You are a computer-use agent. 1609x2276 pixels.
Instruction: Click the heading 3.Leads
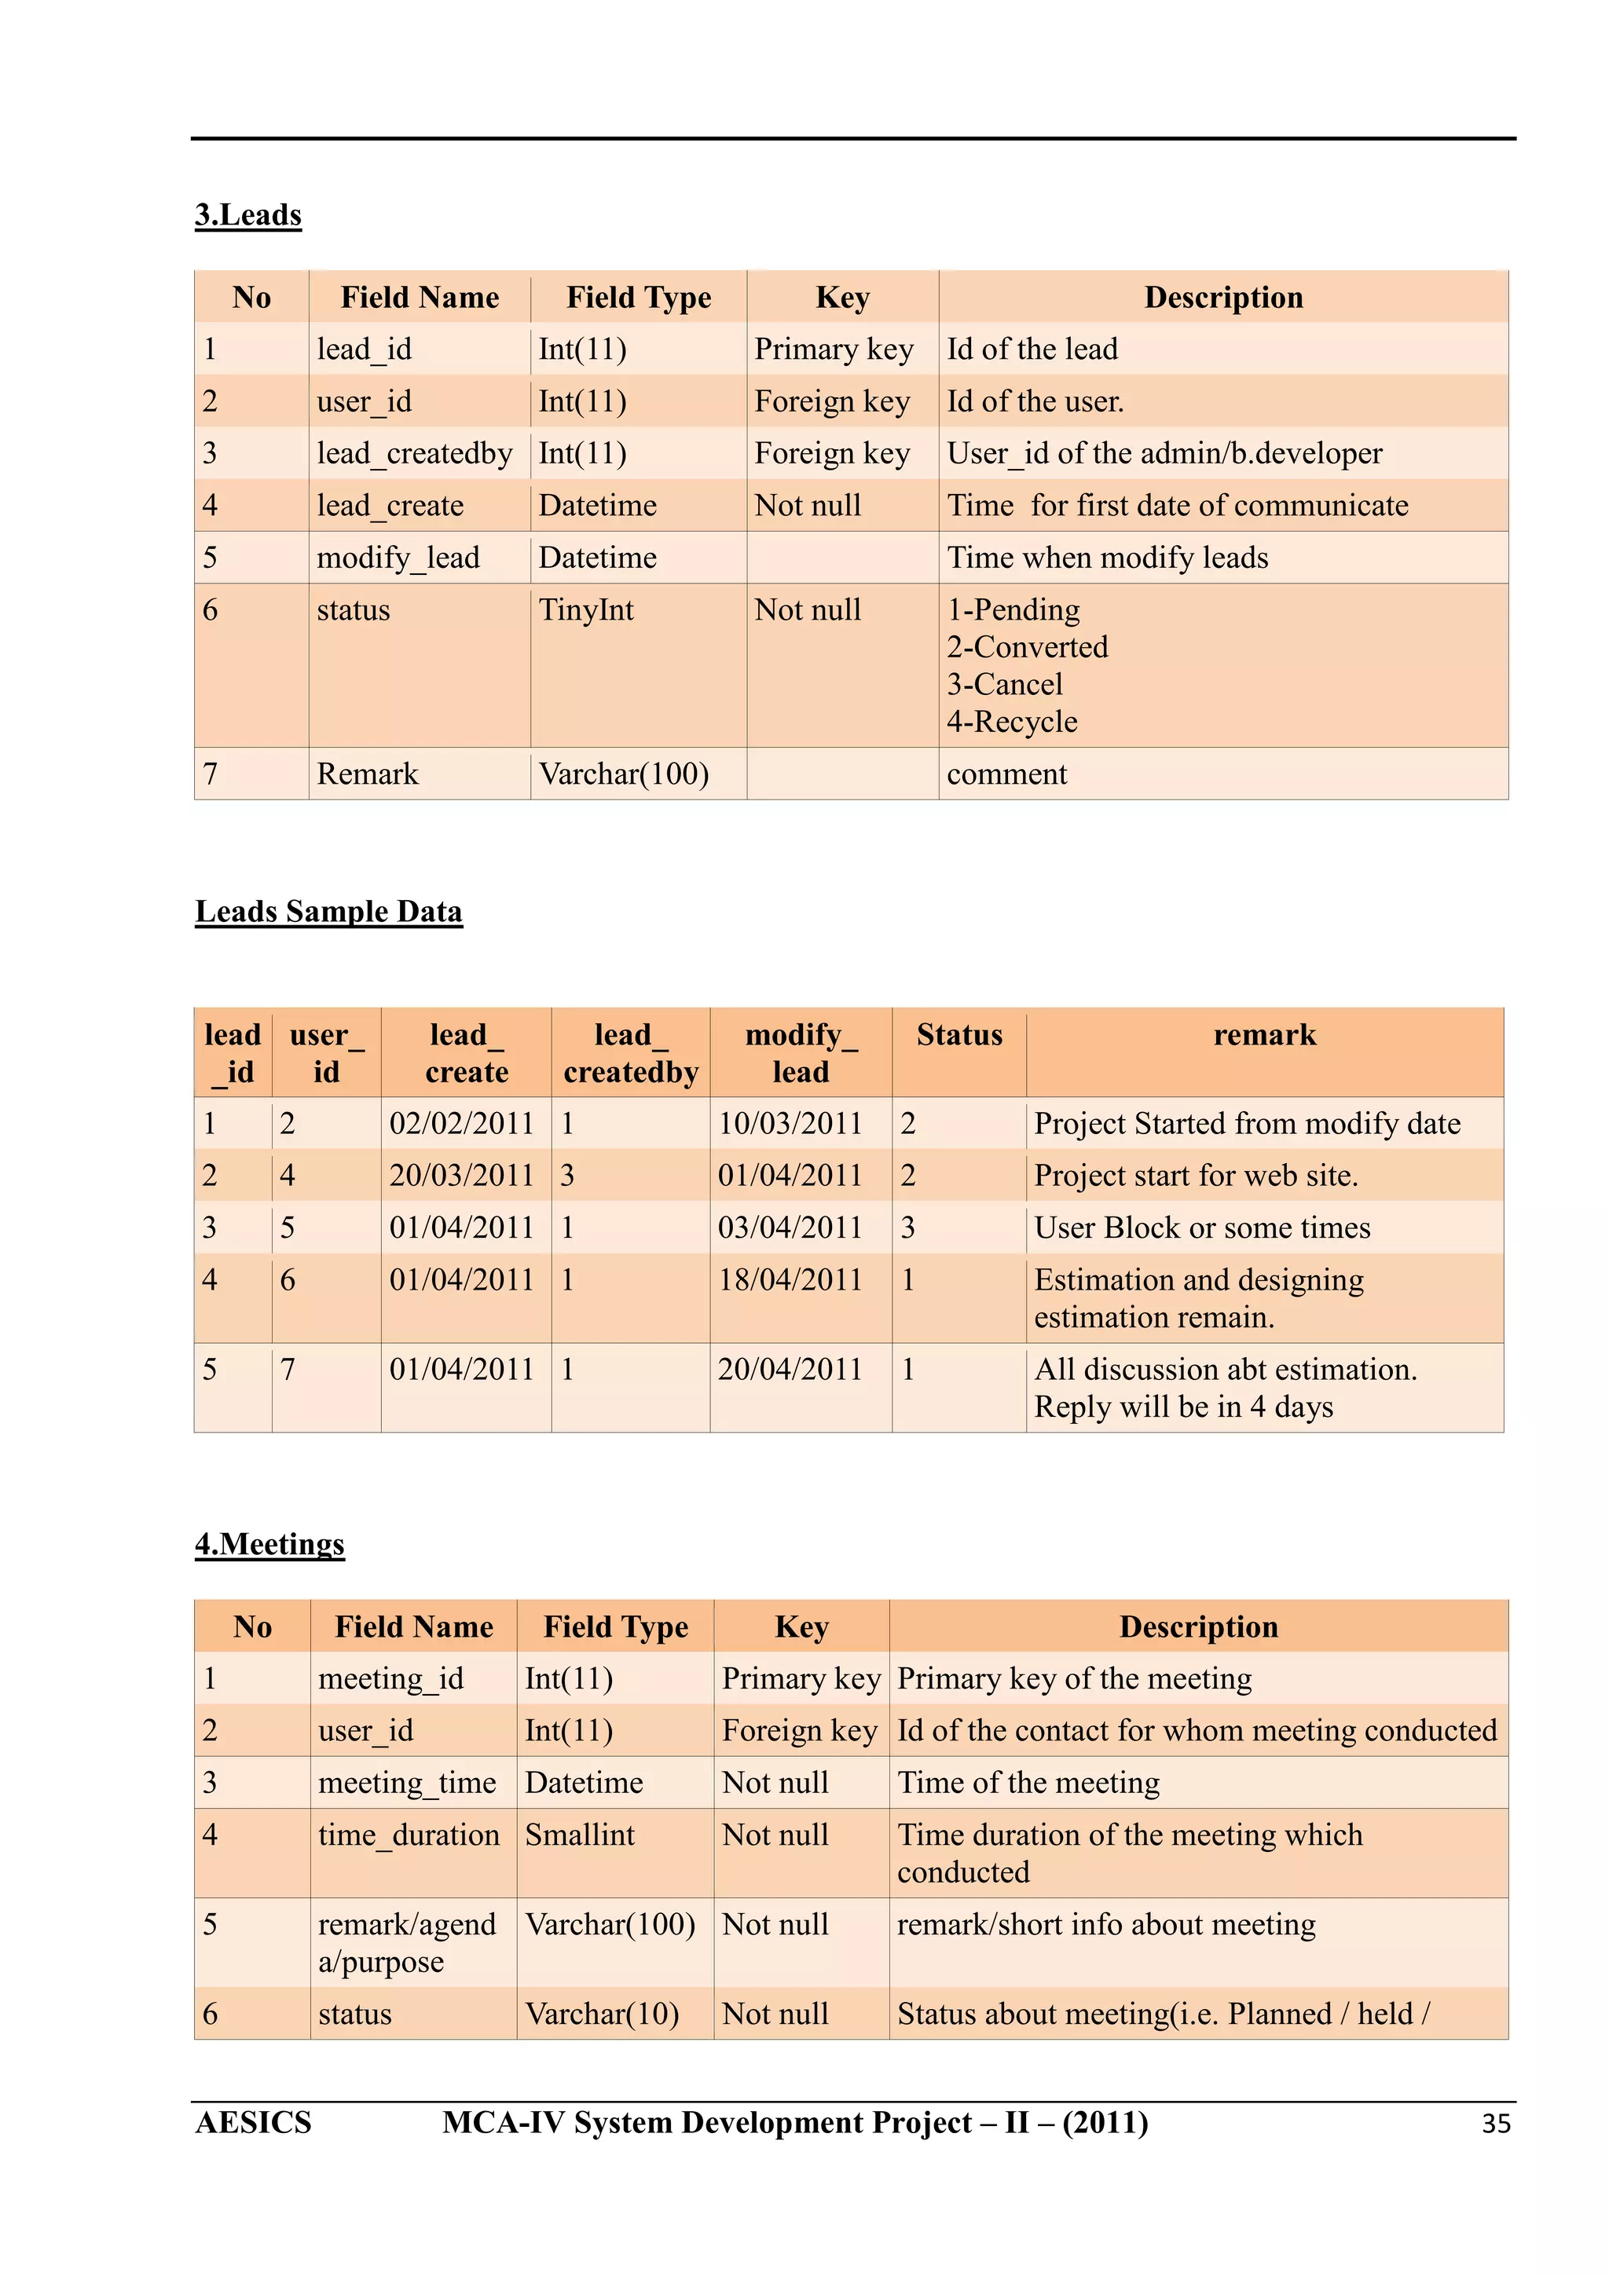point(247,215)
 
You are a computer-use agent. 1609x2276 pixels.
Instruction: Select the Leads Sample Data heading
point(328,911)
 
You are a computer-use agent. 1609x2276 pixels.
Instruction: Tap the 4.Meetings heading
point(269,1543)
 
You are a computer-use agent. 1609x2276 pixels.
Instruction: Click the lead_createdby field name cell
point(414,453)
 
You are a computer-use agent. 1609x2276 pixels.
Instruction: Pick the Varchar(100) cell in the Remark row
point(624,774)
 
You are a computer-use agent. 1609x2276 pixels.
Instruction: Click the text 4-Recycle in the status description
point(1011,722)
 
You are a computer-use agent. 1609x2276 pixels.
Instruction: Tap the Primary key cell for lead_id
point(833,349)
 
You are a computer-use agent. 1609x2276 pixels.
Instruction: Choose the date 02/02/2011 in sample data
point(461,1123)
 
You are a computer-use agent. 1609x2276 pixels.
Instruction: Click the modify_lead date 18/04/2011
point(790,1279)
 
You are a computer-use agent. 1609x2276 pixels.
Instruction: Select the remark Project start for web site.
point(1196,1176)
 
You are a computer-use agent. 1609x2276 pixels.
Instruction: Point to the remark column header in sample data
point(1264,1035)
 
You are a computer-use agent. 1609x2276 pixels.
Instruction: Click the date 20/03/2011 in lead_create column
point(461,1176)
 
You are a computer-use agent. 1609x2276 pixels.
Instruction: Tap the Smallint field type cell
point(579,1835)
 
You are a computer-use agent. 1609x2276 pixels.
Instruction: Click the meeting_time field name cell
point(406,1782)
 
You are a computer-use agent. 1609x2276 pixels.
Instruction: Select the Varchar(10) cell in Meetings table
point(602,2014)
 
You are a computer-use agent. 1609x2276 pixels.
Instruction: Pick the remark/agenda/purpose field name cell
point(406,1943)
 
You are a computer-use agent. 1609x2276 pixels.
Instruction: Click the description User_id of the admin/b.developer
point(1164,453)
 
